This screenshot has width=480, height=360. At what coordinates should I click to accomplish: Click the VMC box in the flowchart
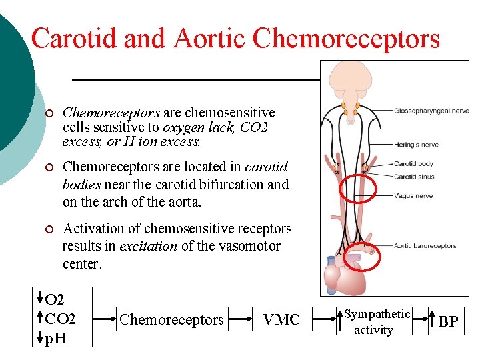tap(281, 320)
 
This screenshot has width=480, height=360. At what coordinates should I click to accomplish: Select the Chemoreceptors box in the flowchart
tap(172, 320)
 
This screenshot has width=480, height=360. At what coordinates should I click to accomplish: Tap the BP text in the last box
tap(448, 322)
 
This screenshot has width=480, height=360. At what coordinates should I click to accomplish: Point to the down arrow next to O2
tap(40, 297)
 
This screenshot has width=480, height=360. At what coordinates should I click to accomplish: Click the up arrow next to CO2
tap(40, 318)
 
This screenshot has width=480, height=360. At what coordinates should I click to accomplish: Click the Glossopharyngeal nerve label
tap(431, 111)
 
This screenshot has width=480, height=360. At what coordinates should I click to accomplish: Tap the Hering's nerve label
tap(415, 145)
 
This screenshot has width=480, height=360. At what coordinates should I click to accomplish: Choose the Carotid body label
tap(413, 164)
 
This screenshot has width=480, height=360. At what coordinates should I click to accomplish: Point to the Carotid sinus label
tap(414, 177)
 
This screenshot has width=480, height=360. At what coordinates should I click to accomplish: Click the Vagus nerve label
tap(413, 196)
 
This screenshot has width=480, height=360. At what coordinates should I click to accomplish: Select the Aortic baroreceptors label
tap(425, 246)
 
